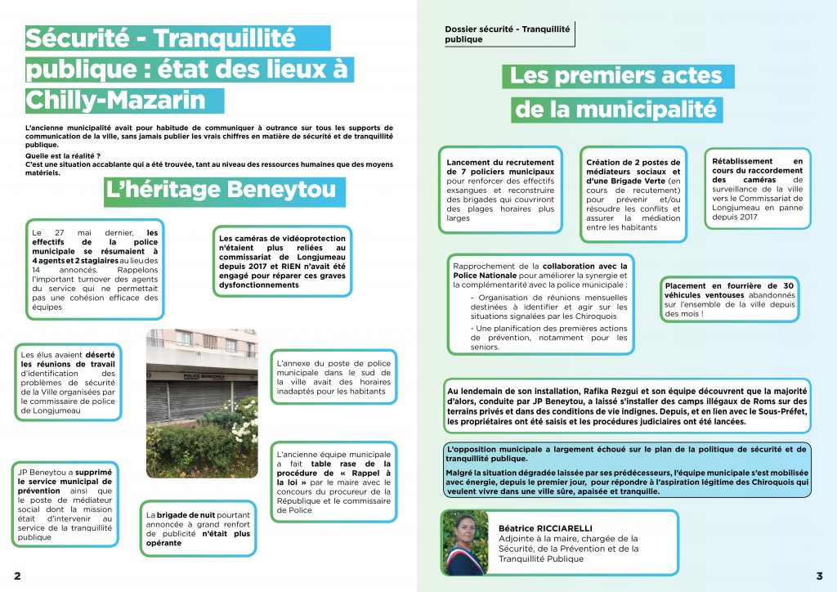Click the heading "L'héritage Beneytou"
coord(220,191)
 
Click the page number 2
coord(17,576)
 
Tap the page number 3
coord(819,576)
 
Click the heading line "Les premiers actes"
coord(616,76)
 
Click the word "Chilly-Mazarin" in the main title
coord(115,101)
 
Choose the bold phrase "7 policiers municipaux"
coord(500,173)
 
